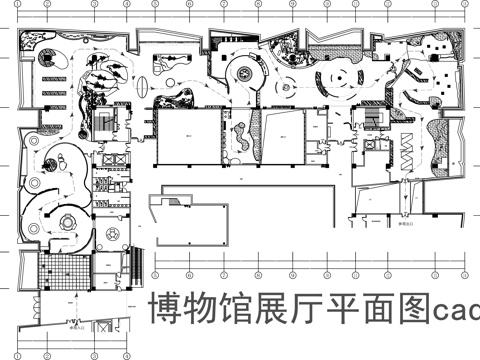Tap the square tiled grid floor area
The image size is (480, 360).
[59, 270]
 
